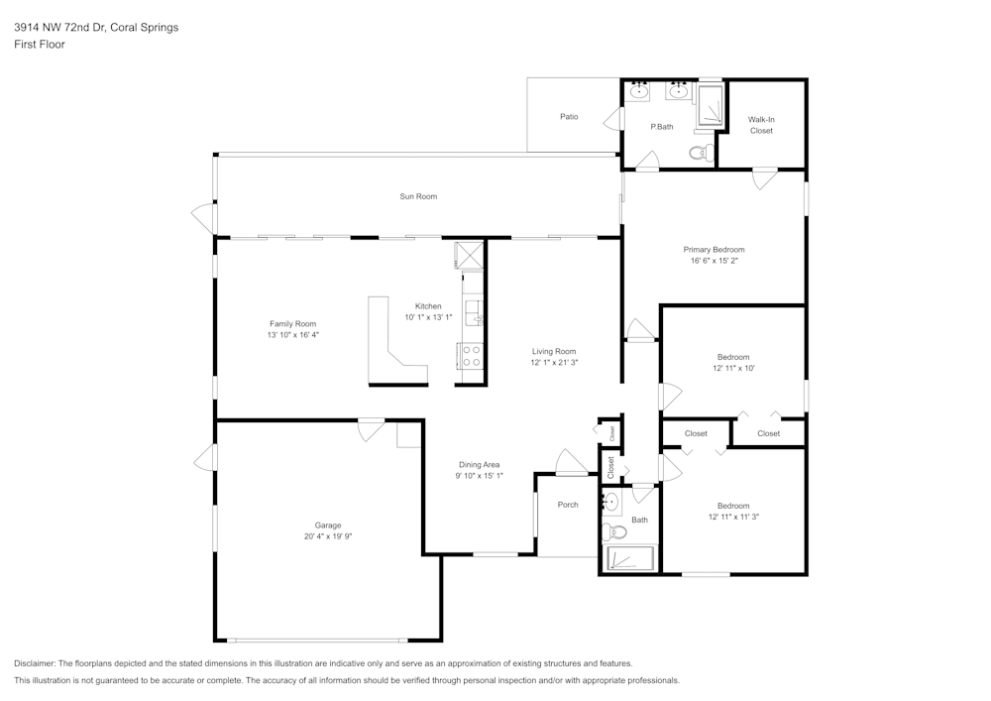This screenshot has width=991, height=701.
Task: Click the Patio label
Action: pyautogui.click(x=569, y=117)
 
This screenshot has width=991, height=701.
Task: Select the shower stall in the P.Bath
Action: pyautogui.click(x=709, y=106)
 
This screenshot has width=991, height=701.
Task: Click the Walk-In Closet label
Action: pyautogui.click(x=761, y=125)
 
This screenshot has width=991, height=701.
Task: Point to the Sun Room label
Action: pyautogui.click(x=418, y=196)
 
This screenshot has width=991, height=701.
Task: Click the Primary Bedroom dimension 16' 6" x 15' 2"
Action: pyautogui.click(x=714, y=261)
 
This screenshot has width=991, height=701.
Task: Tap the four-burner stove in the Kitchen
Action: pyautogui.click(x=470, y=356)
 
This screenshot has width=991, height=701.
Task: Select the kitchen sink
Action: pyautogui.click(x=473, y=312)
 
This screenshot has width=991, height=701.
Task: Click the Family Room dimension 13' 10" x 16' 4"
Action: pyautogui.click(x=292, y=335)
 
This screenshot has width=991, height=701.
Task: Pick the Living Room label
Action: pyautogui.click(x=554, y=351)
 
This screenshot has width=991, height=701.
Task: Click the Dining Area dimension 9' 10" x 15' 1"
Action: pyautogui.click(x=479, y=476)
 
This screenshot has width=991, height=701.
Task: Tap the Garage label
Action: pyautogui.click(x=328, y=526)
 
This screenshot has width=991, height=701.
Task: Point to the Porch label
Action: pyautogui.click(x=568, y=505)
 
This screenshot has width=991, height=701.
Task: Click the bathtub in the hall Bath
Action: pyautogui.click(x=628, y=560)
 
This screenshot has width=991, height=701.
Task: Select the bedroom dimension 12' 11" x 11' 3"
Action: pyautogui.click(x=733, y=517)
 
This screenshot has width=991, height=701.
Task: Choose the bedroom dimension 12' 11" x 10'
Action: pyautogui.click(x=733, y=368)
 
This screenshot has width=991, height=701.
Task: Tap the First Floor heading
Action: pyautogui.click(x=40, y=45)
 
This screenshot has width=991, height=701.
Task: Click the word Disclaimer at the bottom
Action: pyautogui.click(x=35, y=663)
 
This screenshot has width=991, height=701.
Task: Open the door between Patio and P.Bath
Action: pyautogui.click(x=618, y=120)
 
